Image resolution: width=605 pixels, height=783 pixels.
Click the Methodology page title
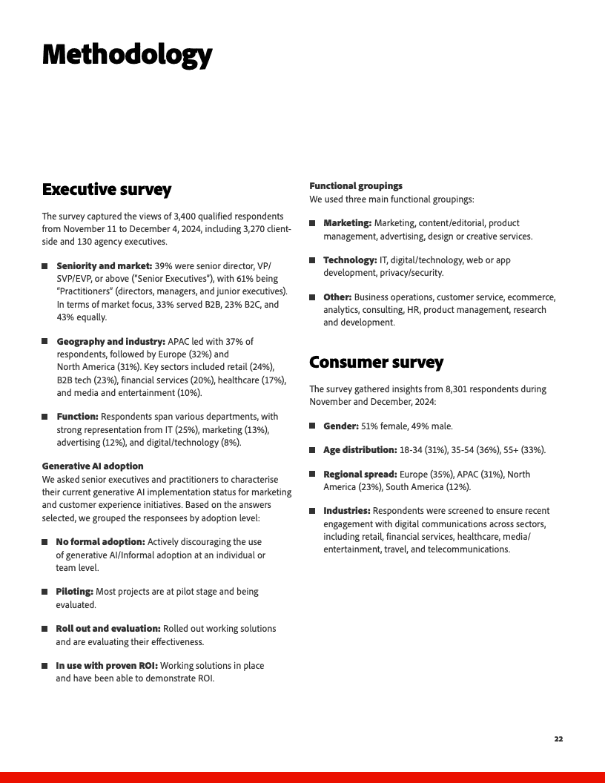point(127,56)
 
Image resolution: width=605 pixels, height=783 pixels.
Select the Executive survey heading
point(106,190)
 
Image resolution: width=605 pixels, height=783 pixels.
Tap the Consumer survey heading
point(376,363)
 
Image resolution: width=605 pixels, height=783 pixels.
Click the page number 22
point(558,739)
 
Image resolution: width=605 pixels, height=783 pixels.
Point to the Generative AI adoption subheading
point(93,466)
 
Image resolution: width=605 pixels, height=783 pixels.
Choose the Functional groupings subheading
point(356,186)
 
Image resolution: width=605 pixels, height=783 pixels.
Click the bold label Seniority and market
point(104,265)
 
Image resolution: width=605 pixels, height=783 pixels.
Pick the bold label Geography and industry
point(110,342)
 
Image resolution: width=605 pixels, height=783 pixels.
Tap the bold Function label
point(77,417)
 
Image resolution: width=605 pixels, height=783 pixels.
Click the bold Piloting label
point(74,592)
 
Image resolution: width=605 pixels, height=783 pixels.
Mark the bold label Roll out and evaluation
point(108,629)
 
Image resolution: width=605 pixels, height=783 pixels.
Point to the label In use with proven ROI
point(107,666)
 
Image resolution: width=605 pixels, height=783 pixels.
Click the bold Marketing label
point(347,223)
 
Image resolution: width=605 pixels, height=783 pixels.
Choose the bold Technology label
point(350,260)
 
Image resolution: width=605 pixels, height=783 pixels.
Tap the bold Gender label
point(341,426)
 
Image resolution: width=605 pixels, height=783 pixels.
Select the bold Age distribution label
point(360,450)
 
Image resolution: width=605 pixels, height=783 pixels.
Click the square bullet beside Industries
point(313,511)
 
